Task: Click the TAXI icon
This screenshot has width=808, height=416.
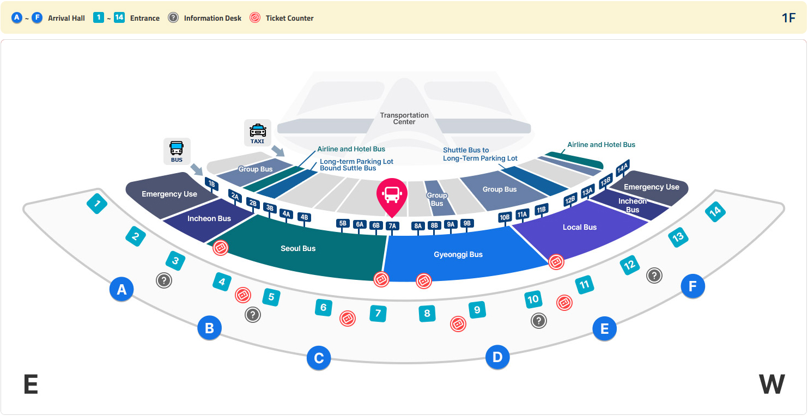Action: click(x=258, y=133)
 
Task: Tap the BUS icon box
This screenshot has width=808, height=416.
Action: click(x=177, y=151)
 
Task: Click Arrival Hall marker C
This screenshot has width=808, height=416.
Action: click(x=319, y=358)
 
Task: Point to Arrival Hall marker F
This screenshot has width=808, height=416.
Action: click(x=692, y=286)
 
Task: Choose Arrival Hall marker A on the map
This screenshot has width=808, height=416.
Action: click(x=121, y=289)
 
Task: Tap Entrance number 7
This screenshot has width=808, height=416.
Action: click(x=378, y=313)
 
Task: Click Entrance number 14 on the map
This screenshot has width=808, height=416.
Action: click(x=715, y=212)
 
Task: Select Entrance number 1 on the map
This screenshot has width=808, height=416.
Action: click(x=97, y=204)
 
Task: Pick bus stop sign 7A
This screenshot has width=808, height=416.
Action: click(x=392, y=226)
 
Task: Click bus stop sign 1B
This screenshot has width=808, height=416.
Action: click(x=212, y=184)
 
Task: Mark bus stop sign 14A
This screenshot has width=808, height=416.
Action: click(x=623, y=168)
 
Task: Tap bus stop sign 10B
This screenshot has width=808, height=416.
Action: click(x=505, y=217)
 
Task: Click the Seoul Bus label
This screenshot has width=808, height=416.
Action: click(x=298, y=248)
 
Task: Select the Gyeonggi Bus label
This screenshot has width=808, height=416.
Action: click(x=458, y=254)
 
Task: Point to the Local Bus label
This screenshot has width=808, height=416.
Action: click(x=580, y=227)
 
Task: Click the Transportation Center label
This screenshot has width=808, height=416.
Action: click(x=404, y=118)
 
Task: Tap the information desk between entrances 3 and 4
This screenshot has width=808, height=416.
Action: click(x=164, y=280)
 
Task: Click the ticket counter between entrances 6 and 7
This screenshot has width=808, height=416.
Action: click(x=348, y=319)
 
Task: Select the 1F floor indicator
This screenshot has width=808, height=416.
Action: click(x=788, y=17)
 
